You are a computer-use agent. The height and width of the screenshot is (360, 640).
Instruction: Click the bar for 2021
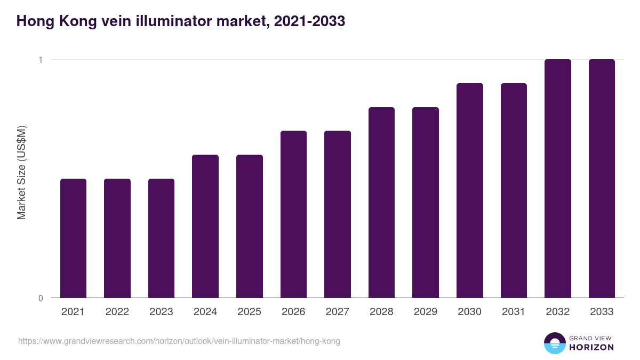click(x=73, y=238)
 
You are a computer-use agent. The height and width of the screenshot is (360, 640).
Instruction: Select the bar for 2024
click(x=205, y=226)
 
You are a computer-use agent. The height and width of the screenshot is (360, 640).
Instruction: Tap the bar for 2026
click(x=293, y=214)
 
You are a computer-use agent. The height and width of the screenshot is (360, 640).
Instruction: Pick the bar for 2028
click(x=381, y=202)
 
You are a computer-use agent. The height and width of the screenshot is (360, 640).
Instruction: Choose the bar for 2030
click(x=470, y=190)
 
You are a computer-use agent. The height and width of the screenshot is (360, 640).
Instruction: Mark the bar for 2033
click(x=602, y=178)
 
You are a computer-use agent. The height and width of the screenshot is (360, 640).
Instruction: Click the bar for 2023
click(x=161, y=238)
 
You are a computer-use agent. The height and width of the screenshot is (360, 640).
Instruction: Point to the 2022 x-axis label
click(x=117, y=312)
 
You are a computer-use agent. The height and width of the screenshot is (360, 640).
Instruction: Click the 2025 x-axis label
click(x=250, y=312)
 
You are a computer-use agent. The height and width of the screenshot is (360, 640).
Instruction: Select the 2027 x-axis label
click(x=338, y=312)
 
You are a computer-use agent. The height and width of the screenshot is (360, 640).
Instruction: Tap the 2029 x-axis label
click(x=426, y=312)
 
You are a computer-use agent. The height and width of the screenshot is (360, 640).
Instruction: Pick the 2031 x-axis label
click(x=514, y=312)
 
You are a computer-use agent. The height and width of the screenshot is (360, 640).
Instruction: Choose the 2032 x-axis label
click(x=558, y=312)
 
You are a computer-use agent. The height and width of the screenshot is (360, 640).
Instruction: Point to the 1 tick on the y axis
click(x=40, y=60)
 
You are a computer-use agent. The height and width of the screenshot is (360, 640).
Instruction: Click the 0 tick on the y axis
click(x=40, y=298)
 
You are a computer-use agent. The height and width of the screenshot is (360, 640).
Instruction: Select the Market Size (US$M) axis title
click(x=21, y=172)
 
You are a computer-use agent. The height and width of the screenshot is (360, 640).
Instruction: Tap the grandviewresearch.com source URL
click(x=179, y=341)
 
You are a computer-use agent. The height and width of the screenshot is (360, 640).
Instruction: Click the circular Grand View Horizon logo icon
click(x=554, y=343)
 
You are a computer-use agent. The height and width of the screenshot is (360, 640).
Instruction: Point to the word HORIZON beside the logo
click(x=591, y=347)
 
